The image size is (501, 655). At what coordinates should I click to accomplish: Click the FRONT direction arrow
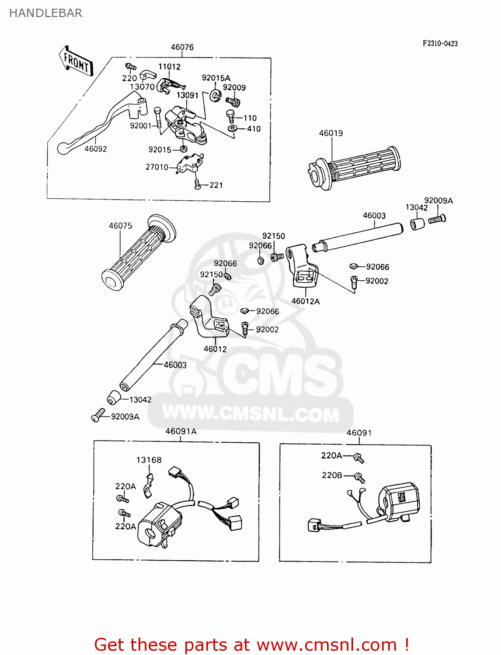[76, 62]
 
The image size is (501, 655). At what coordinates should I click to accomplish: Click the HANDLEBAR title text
[45, 13]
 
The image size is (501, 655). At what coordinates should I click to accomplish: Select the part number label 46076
[182, 47]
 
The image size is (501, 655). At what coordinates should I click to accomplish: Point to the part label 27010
[157, 167]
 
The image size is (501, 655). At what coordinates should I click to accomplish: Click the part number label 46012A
[305, 301]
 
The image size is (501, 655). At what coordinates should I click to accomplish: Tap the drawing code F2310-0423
[440, 43]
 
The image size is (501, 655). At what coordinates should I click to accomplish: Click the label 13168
[149, 460]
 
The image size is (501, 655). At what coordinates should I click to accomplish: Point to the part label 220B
[332, 475]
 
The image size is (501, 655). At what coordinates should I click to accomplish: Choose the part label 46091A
[181, 431]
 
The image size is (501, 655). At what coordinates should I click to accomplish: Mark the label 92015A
[216, 78]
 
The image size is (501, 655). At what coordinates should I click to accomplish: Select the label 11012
[169, 66]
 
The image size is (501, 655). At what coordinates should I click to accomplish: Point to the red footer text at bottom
[252, 645]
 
